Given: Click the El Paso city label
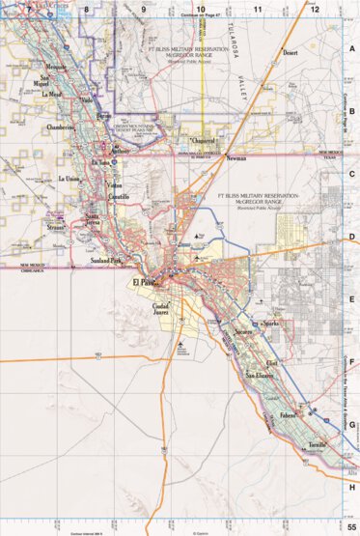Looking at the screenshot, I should [x=144, y=282].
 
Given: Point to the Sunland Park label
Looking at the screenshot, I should [x=102, y=261].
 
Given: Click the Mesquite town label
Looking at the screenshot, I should [x=57, y=67].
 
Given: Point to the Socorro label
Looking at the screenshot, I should [x=241, y=332].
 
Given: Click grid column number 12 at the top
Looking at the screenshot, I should [x=315, y=9].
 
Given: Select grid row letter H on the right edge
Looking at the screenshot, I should [x=353, y=488].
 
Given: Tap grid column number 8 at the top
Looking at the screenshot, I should [x=86, y=9].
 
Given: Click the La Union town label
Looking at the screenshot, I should [x=69, y=179].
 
